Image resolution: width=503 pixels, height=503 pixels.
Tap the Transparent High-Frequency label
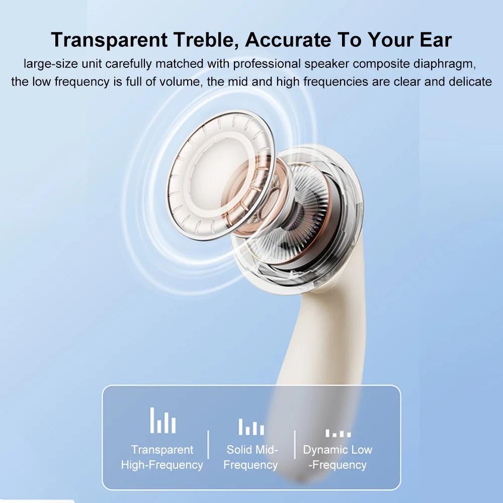(162, 457)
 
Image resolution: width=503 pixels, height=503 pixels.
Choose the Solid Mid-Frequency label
(251, 457)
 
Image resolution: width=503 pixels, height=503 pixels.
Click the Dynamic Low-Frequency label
(338, 457)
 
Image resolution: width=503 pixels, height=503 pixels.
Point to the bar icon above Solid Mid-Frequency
(251, 427)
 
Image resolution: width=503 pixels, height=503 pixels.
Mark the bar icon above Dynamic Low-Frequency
(338, 433)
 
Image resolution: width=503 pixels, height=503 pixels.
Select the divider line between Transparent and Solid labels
(208, 445)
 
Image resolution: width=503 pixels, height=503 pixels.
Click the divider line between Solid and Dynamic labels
(295, 445)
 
